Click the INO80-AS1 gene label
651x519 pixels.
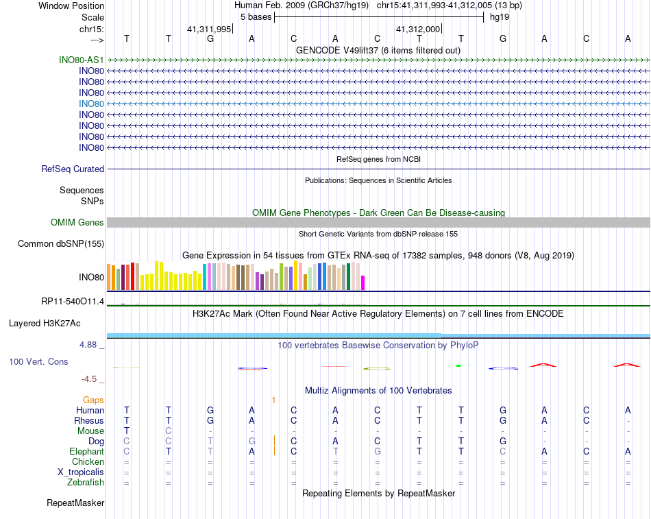pyautogui.click(x=82, y=60)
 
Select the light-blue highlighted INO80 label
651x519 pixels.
pyautogui.click(x=91, y=104)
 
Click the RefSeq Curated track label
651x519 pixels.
pyautogui.click(x=73, y=169)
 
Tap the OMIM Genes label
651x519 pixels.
pyautogui.click(x=77, y=222)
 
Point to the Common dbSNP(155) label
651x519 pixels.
pyautogui.click(x=61, y=243)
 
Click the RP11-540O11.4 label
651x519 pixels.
pyautogui.click(x=73, y=301)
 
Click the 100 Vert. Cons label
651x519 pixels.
pyautogui.click(x=38, y=361)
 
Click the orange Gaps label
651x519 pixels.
pyautogui.click(x=93, y=400)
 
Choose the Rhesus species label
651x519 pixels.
pyautogui.click(x=89, y=420)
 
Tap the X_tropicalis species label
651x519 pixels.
pyautogui.click(x=81, y=472)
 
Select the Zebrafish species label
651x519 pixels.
pyautogui.click(x=86, y=483)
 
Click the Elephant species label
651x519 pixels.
pyautogui.click(x=86, y=452)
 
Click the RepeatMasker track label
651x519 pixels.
pyautogui.click(x=75, y=503)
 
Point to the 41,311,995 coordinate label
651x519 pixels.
pyautogui.click(x=209, y=29)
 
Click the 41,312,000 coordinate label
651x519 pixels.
pyautogui.click(x=418, y=29)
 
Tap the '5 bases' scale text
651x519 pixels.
pyautogui.click(x=255, y=16)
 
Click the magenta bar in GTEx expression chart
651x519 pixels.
pyautogui.click(x=363, y=282)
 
